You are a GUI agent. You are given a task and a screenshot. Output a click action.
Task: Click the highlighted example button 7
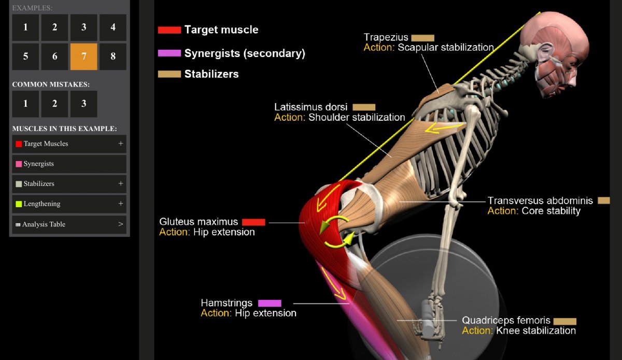coord(83,56)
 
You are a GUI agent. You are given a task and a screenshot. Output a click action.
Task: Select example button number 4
coord(112,27)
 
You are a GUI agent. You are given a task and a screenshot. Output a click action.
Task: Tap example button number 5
coord(25,56)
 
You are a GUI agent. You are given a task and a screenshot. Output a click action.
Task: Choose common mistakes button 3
coord(83,104)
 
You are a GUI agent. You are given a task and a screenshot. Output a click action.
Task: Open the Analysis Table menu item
coord(69,224)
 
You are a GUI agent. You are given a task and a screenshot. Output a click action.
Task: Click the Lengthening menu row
coord(69,204)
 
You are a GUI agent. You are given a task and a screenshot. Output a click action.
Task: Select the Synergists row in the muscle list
coord(69,164)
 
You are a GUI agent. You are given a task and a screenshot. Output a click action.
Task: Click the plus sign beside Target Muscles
coord(121,143)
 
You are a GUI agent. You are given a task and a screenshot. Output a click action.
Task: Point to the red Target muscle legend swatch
coord(169,30)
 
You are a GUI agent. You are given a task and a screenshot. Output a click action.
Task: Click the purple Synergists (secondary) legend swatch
coord(169,53)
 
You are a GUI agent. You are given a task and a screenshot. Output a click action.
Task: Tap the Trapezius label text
coord(386,37)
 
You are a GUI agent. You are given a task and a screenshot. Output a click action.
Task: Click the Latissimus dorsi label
coord(311,107)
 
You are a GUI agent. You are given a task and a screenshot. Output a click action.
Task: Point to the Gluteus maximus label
coord(199,222)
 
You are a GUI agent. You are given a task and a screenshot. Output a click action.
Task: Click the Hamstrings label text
coord(227,303)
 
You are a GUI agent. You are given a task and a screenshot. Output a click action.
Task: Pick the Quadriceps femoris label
coord(505,321)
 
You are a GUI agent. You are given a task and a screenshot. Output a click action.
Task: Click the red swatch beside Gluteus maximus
coord(253,222)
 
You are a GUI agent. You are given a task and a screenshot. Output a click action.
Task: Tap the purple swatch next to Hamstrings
coord(270,303)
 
